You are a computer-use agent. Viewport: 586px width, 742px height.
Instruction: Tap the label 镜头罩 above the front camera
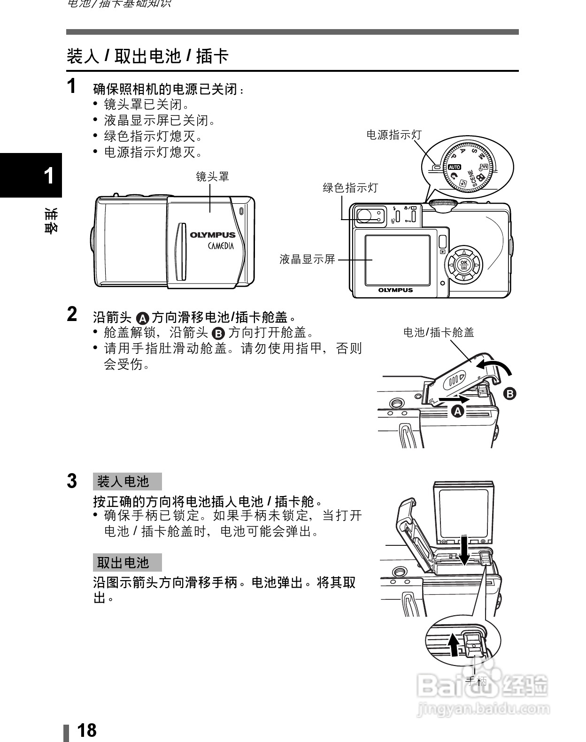pyautogui.click(x=212, y=176)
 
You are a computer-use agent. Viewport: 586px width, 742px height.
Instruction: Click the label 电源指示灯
pyautogui.click(x=394, y=135)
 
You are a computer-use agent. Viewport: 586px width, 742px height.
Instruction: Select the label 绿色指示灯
pyautogui.click(x=350, y=188)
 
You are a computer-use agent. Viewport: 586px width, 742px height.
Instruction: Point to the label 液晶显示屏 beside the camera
pyautogui.click(x=307, y=259)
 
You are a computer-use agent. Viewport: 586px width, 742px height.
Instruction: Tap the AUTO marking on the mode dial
pyautogui.click(x=455, y=167)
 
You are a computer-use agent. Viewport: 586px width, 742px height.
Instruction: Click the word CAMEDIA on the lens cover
pyautogui.click(x=221, y=246)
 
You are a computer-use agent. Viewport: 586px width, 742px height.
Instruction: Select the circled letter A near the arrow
pyautogui.click(x=457, y=412)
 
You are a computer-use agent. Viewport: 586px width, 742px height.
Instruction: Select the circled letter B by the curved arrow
pyautogui.click(x=509, y=393)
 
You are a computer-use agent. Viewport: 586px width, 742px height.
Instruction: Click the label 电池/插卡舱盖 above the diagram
pyautogui.click(x=439, y=332)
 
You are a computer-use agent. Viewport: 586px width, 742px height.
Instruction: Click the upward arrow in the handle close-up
pyautogui.click(x=453, y=645)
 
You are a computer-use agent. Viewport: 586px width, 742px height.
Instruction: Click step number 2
pyautogui.click(x=72, y=314)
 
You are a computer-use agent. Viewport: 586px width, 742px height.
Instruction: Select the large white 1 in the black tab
pyautogui.click(x=48, y=176)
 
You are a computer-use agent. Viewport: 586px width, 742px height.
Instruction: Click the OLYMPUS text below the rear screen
pyautogui.click(x=395, y=290)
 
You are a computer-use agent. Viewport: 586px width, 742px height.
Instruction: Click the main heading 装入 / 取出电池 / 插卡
pyautogui.click(x=147, y=56)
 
